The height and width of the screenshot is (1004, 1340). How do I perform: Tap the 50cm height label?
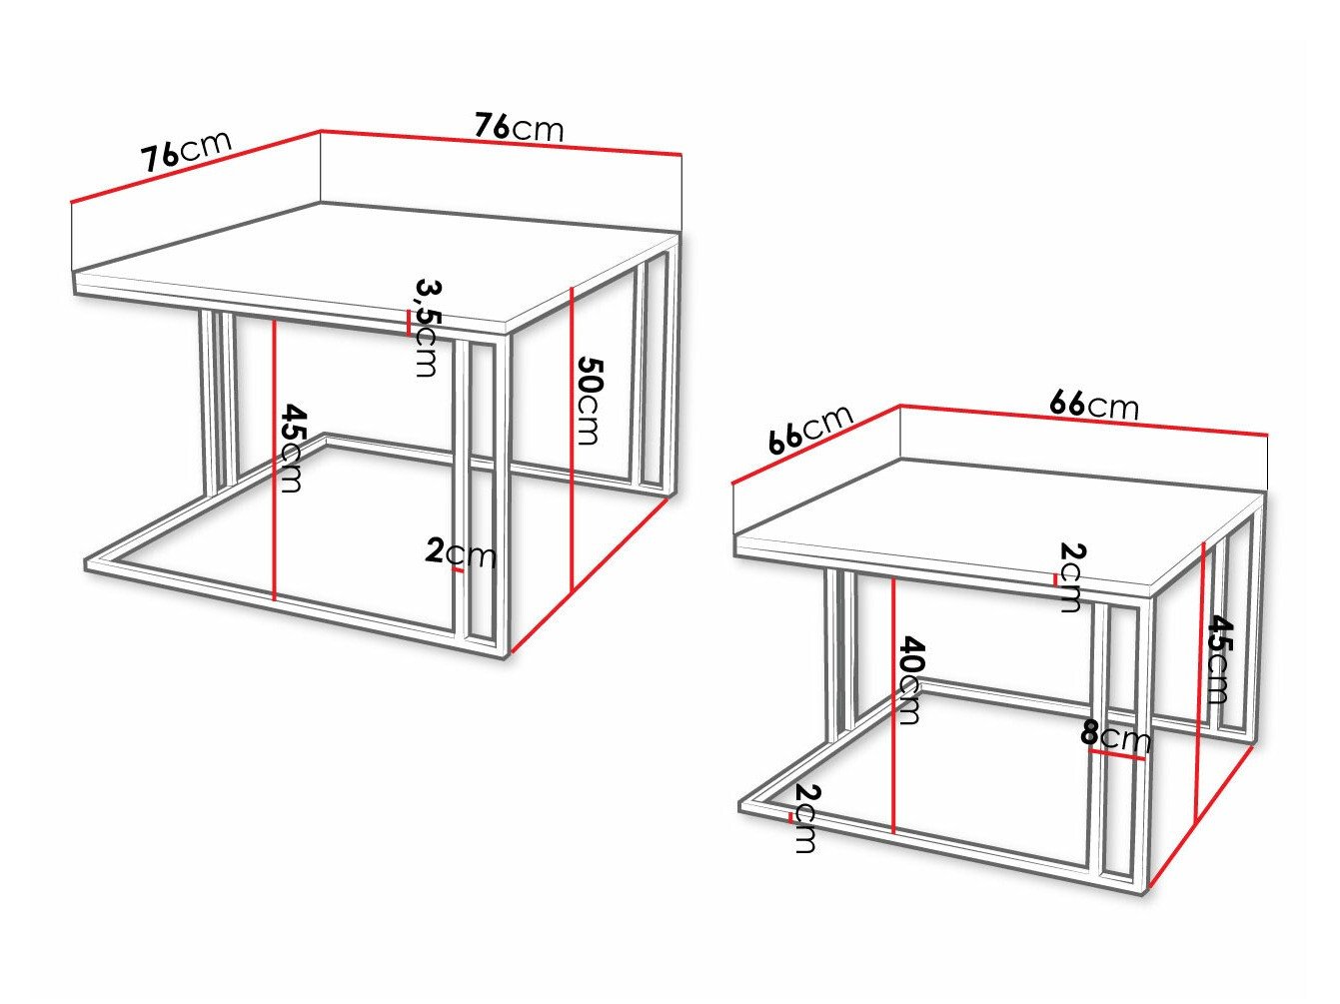(x=590, y=399)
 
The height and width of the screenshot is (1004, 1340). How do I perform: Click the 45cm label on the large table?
(x=292, y=448)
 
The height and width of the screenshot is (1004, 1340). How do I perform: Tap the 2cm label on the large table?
(x=461, y=552)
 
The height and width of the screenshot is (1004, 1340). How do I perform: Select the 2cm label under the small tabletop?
(x=1070, y=576)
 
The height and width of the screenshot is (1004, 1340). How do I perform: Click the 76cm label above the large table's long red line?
(x=519, y=128)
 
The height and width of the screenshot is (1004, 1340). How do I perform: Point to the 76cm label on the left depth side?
(x=186, y=151)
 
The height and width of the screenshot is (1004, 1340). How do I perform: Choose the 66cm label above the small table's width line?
(x=1093, y=405)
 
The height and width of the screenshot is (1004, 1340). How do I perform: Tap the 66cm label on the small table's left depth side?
(x=810, y=430)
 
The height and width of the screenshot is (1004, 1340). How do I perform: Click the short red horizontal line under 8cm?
(x=1117, y=756)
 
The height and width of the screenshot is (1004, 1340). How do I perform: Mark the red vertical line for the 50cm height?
(x=571, y=440)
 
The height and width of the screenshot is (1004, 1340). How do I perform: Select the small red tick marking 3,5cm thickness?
(x=409, y=322)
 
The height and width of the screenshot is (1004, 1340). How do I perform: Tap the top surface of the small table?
(x=999, y=509)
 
